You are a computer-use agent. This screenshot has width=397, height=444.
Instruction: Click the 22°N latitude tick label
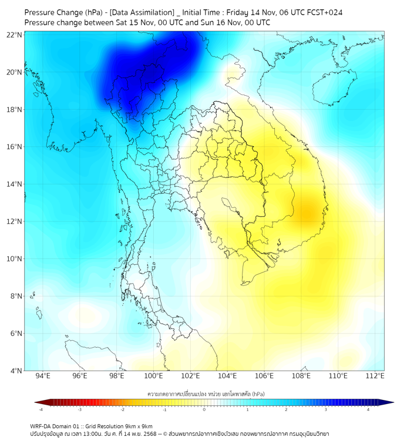pos(15,35)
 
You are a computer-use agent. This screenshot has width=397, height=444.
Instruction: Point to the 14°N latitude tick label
pos(15,184)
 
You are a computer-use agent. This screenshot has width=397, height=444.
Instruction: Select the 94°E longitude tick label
pos(43,376)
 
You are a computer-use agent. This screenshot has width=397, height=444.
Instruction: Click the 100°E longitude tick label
pos(153,376)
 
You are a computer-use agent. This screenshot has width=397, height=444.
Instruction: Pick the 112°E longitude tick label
pos(375,376)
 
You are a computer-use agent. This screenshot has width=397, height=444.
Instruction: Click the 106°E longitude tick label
pos(264,376)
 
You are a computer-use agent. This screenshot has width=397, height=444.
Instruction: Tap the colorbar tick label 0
pos(204,409)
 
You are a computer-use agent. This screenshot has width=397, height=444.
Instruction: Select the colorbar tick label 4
pos(368,409)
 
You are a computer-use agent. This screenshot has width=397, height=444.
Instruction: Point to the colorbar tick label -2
pos(122,409)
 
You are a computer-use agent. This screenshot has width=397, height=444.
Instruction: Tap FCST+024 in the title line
pos(325,12)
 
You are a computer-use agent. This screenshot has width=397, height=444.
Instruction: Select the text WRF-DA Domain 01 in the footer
pos(56,426)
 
